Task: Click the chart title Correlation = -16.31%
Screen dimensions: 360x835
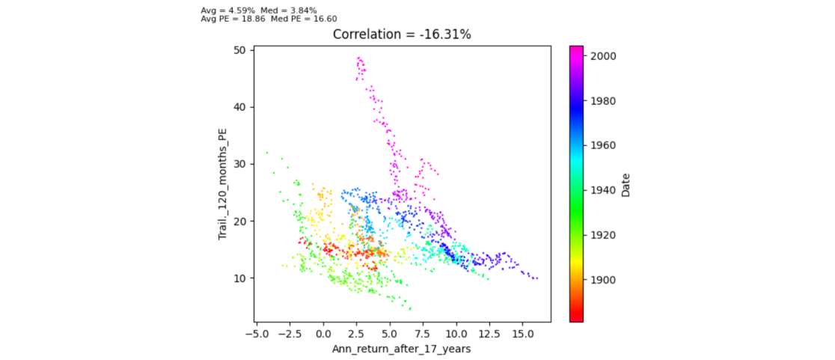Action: (402, 34)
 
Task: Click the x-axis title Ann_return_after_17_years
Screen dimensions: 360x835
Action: (402, 349)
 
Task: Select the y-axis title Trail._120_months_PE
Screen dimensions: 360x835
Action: (222, 184)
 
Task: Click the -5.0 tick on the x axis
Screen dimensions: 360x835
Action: (257, 332)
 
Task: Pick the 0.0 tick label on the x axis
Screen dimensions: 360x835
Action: (323, 332)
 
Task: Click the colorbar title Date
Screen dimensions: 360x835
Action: (626, 184)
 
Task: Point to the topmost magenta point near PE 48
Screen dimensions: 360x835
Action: (359, 58)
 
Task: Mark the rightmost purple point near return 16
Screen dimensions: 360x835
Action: (536, 278)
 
